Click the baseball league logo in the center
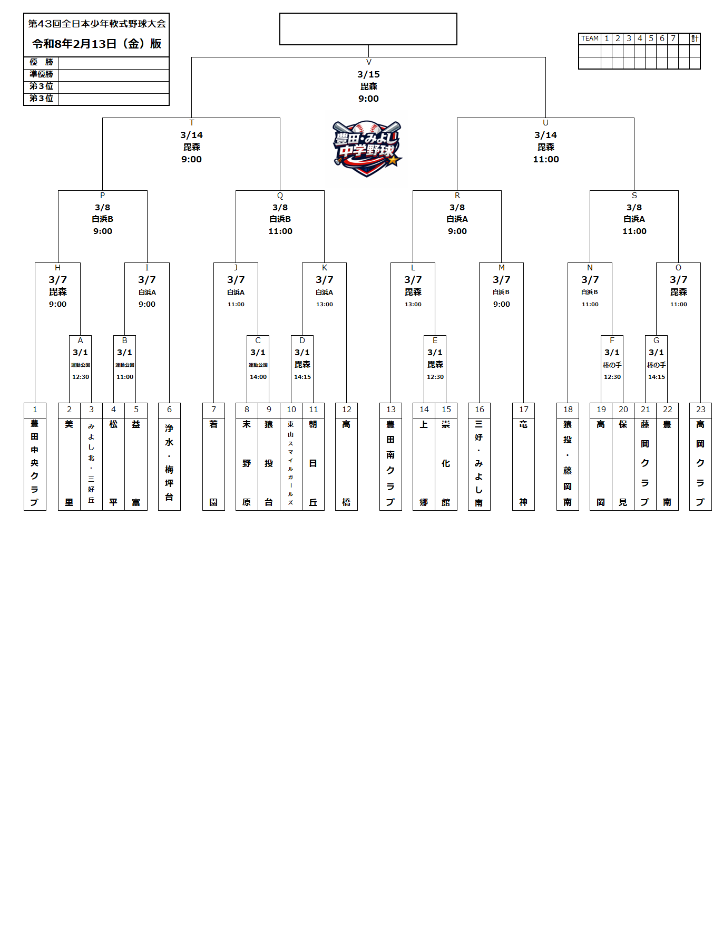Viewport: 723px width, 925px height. pos(367,149)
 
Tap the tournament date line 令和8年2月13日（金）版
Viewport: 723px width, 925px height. pos(96,44)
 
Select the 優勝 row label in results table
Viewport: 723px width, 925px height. pos(41,62)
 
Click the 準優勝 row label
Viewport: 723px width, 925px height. pos(41,74)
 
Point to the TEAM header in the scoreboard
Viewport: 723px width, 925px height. pos(590,38)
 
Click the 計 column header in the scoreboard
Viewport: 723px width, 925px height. pos(695,38)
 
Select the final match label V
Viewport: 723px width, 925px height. pos(369,62)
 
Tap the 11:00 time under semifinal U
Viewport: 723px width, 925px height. pos(545,159)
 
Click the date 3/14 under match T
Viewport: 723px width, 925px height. pos(191,135)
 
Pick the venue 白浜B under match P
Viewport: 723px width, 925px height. pos(103,219)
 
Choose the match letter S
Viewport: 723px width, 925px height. pos(634,196)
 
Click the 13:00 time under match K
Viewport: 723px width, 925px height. pos(325,304)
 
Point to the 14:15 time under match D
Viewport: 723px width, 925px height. pos(302,377)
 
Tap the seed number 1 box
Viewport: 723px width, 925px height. pos(35,410)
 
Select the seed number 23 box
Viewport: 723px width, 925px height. pos(700,410)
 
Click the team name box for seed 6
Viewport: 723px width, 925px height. pos(169,463)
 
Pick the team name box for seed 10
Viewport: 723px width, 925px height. pos(291,463)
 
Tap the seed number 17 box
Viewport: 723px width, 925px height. pos(523,410)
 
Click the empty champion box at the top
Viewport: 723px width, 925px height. pos(368,29)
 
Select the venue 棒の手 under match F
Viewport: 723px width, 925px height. pos(612,365)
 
